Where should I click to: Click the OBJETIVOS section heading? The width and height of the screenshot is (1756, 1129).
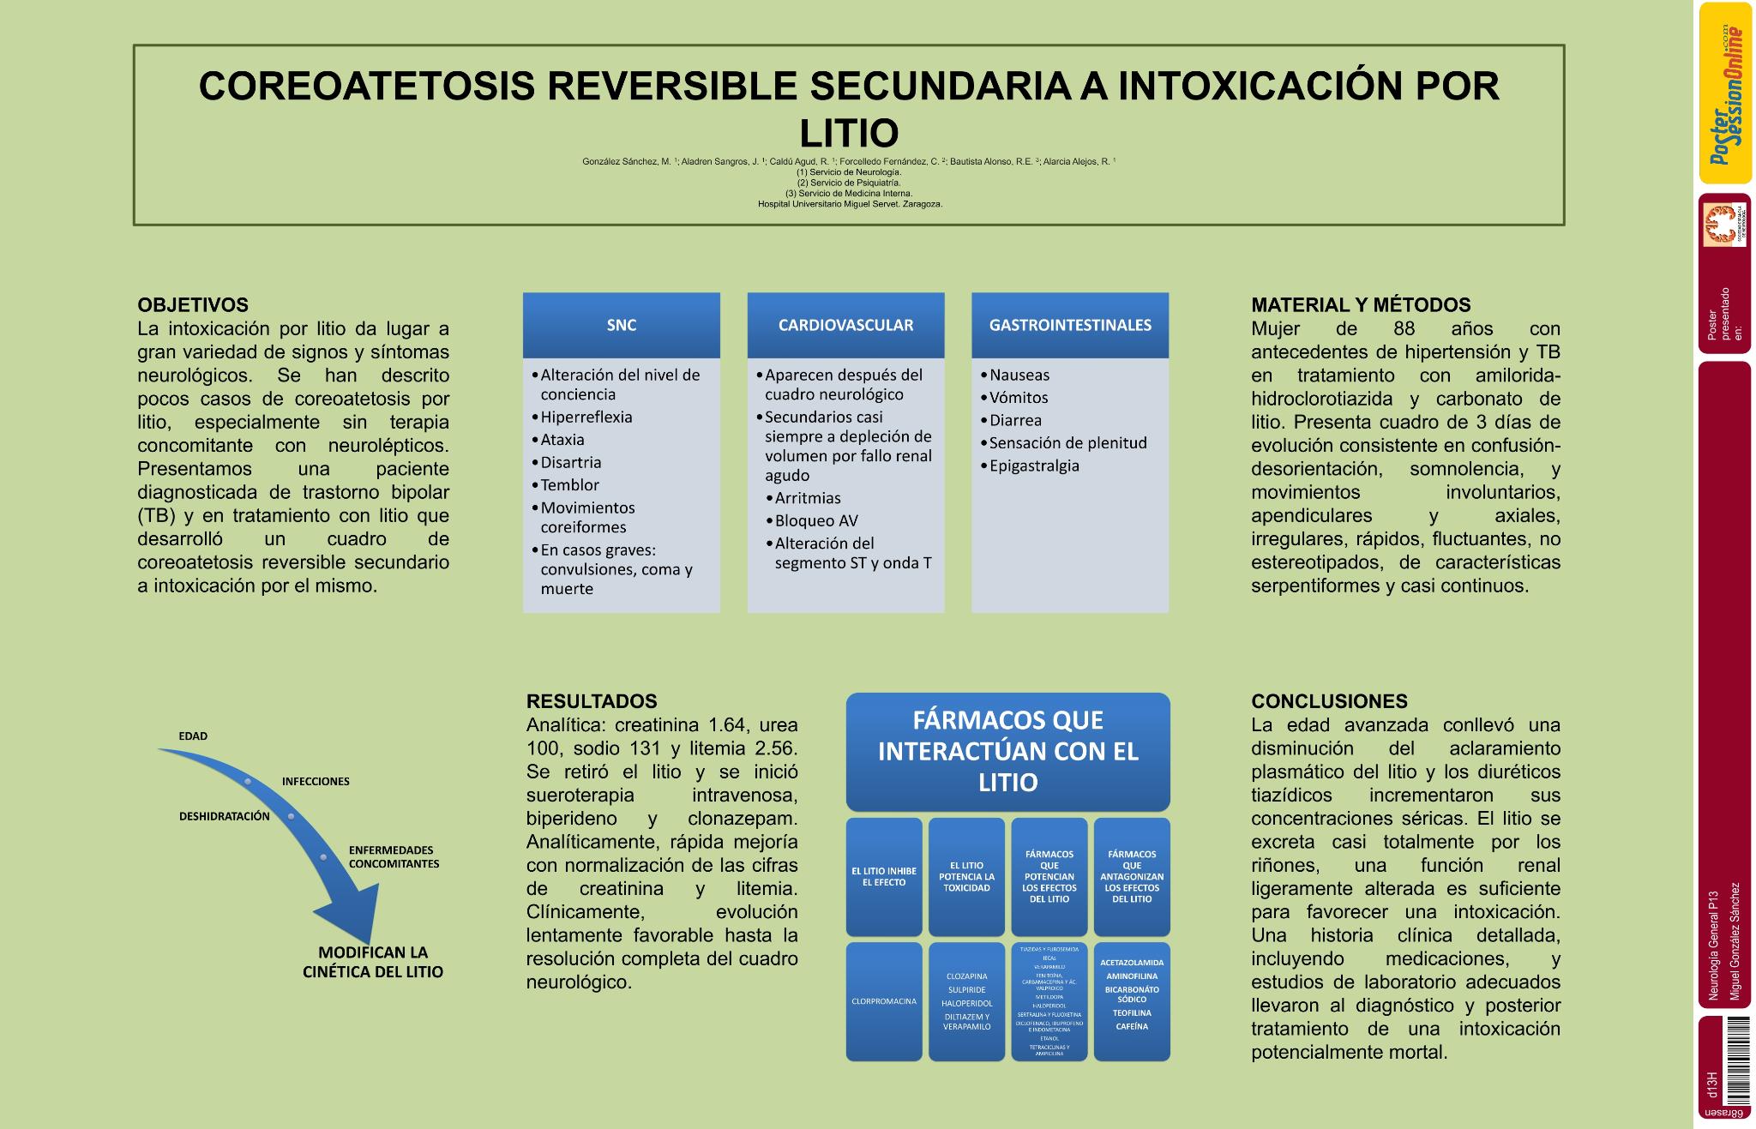[193, 305]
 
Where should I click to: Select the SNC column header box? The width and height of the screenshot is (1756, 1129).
[622, 325]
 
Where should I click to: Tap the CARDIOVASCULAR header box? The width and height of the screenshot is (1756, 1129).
[845, 325]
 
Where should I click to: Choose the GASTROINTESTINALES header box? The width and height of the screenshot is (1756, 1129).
[1070, 325]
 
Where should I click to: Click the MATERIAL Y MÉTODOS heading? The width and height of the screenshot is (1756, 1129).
[1361, 305]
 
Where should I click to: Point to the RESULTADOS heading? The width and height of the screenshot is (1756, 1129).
[592, 701]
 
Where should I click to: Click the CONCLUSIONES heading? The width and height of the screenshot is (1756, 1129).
[1329, 701]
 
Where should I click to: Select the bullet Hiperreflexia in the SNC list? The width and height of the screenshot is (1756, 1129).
[586, 417]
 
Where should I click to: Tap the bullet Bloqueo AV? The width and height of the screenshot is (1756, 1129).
[815, 520]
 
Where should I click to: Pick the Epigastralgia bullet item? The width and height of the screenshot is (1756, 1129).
[1034, 465]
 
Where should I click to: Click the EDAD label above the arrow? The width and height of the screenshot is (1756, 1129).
[193, 736]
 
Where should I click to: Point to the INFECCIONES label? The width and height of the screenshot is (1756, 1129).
[316, 781]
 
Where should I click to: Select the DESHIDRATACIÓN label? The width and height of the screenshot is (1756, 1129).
[224, 816]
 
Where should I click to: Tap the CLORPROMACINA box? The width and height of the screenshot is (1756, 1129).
[884, 1001]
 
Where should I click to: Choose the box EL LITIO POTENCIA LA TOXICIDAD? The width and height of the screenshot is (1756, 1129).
[966, 877]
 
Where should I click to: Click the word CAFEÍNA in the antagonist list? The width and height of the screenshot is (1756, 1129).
[1132, 1026]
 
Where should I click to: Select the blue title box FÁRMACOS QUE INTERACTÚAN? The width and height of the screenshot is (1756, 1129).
[1007, 751]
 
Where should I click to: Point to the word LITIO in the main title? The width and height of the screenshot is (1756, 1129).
[849, 134]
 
